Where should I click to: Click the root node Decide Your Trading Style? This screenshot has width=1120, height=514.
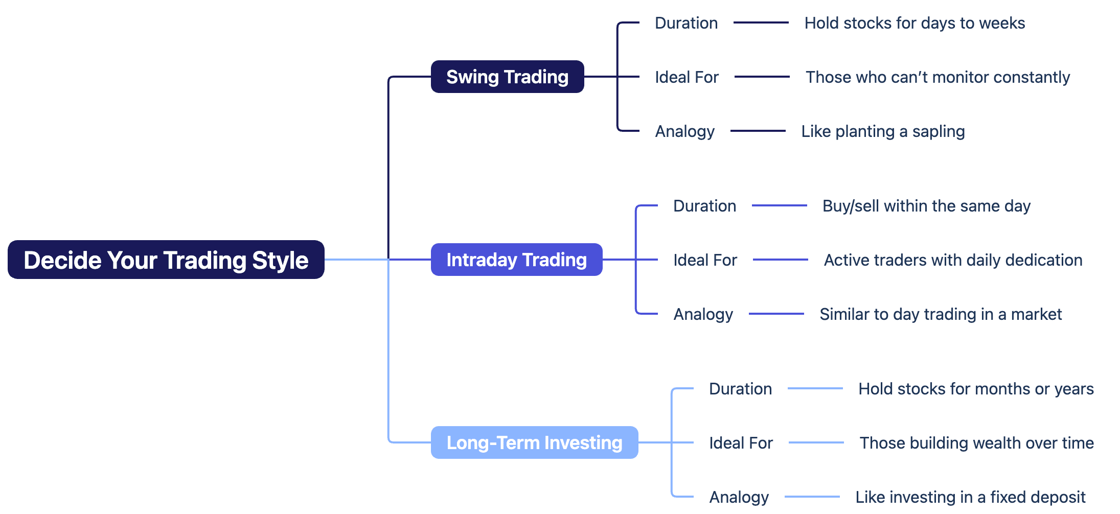166,260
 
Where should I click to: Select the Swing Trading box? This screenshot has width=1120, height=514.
507,77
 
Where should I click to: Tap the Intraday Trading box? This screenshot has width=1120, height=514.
516,260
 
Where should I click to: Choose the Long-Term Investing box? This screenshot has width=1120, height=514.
534,442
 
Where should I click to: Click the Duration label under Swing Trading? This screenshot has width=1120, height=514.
686,23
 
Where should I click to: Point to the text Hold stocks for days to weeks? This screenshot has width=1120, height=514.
915,23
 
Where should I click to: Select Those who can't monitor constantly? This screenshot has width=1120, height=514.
938,77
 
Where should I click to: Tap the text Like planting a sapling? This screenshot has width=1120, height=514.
883,131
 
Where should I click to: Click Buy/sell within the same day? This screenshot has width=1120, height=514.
926,206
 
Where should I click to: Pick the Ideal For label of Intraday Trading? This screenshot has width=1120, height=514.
705,260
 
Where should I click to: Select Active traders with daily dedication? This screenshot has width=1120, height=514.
953,260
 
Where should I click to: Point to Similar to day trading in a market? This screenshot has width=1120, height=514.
941,314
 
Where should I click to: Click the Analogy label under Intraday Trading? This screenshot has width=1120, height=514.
703,314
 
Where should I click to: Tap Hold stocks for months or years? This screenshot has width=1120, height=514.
976,389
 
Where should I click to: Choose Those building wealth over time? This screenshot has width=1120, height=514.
976,443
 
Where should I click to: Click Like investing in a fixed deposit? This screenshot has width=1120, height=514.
970,497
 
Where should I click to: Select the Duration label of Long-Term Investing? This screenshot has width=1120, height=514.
740,389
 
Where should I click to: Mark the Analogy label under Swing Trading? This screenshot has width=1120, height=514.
684,131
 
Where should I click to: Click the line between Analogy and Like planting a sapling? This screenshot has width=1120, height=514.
758,131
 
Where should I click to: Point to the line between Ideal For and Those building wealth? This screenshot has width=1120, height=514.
816,442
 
